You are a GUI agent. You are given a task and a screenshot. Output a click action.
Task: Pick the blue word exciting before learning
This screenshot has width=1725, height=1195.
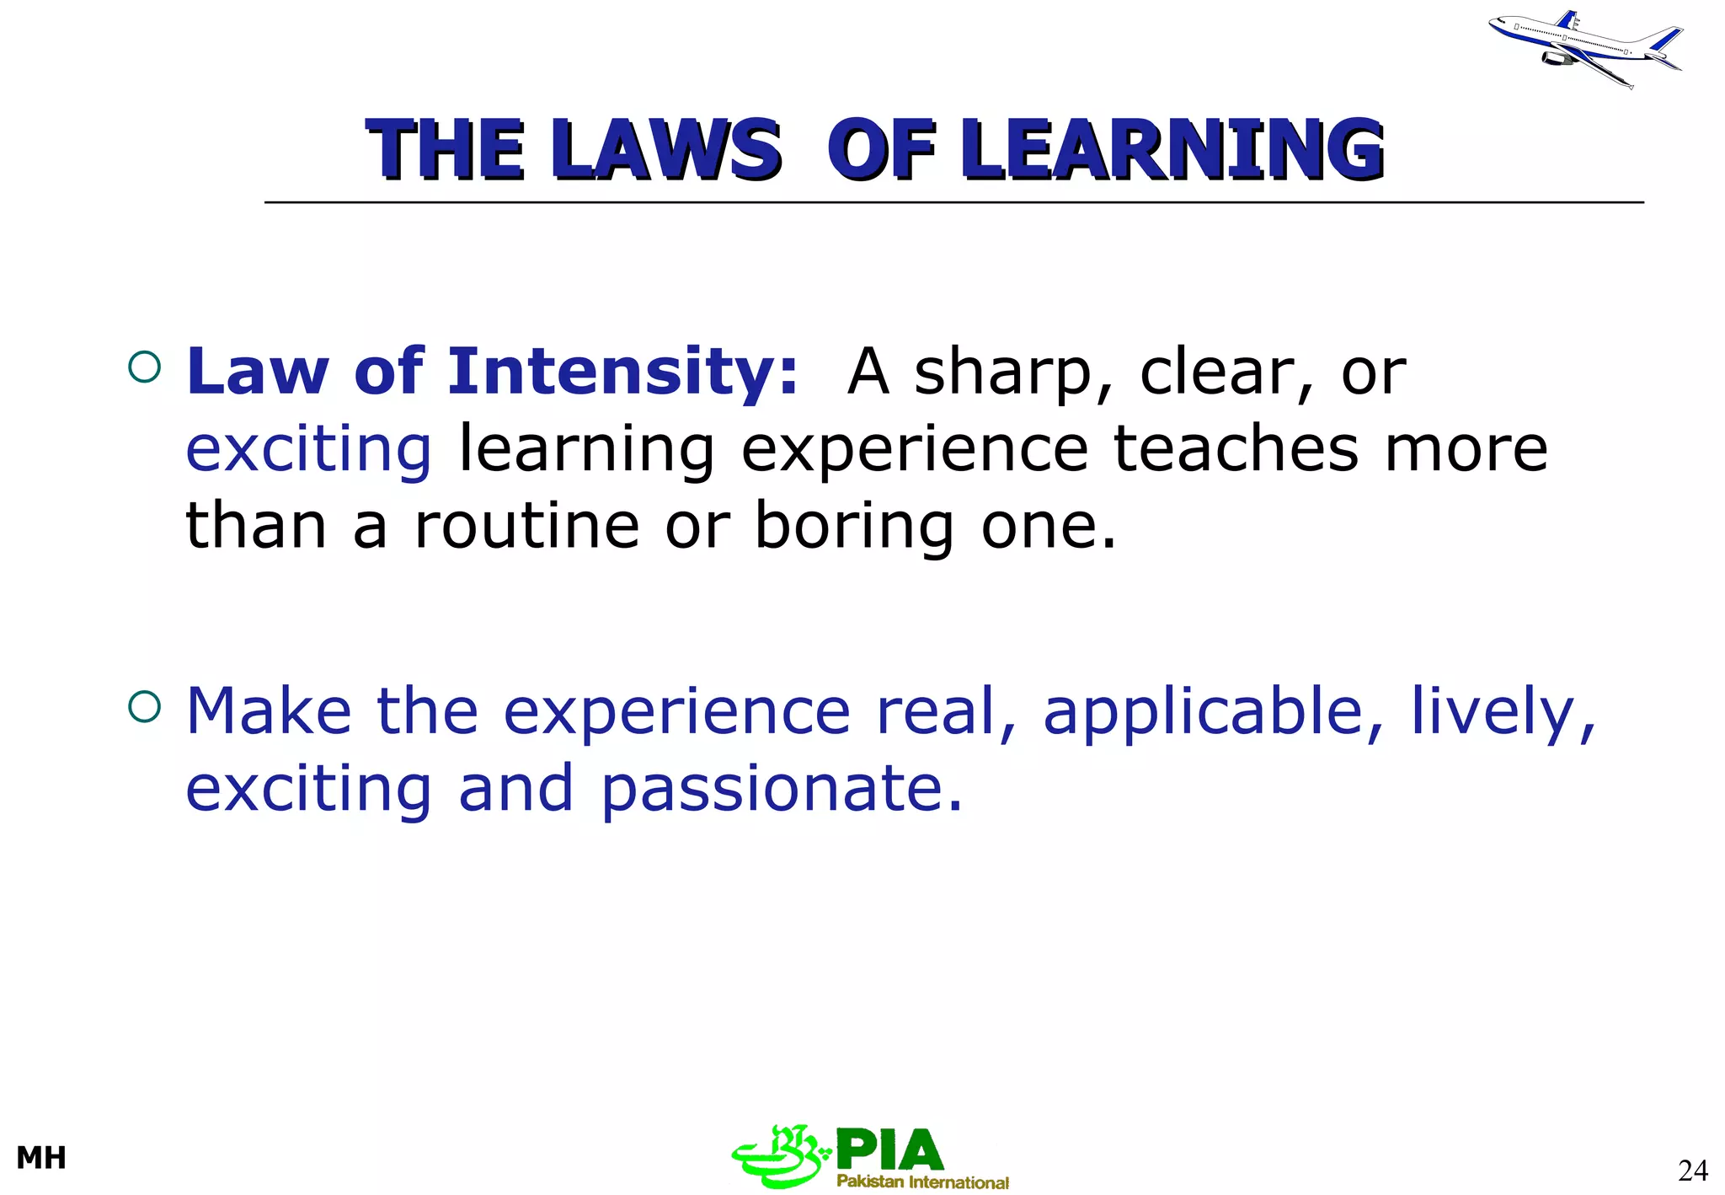[x=308, y=450]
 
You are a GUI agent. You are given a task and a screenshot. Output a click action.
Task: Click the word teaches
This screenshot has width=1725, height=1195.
[x=1236, y=448]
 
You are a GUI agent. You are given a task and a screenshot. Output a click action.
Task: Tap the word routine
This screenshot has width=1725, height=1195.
[x=527, y=526]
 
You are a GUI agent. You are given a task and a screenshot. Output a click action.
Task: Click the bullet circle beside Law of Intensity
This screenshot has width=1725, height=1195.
[x=145, y=367]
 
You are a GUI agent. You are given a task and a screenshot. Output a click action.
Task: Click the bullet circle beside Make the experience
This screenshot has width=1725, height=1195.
[x=145, y=706]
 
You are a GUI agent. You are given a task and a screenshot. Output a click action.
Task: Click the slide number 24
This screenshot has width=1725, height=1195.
[x=1692, y=1170]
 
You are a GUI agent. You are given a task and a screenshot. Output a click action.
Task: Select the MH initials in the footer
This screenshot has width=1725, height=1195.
[x=41, y=1158]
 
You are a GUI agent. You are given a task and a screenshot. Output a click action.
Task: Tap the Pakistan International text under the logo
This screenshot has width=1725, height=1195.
[x=922, y=1182]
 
